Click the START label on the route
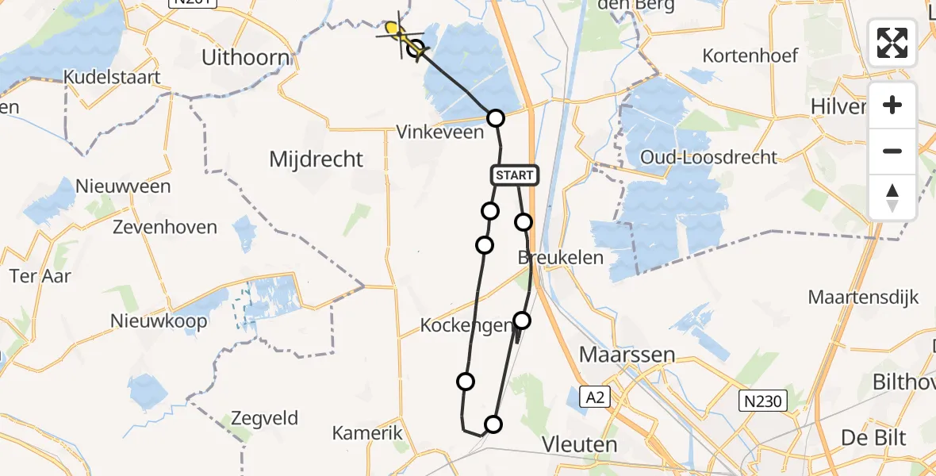516,175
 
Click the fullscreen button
892,43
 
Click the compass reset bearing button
892,198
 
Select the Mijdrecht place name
316,159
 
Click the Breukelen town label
561,257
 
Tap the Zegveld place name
265,418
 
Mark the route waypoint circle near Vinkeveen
495,118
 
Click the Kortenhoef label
750,56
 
